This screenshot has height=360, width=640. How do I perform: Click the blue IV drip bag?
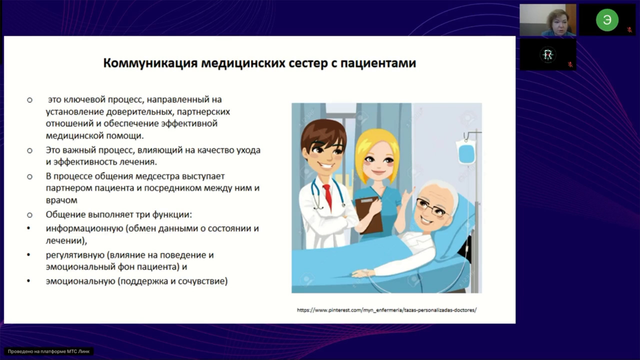(x=465, y=152)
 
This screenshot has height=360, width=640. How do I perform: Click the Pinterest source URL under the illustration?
(x=386, y=310)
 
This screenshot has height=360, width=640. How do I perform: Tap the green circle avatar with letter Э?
(x=606, y=20)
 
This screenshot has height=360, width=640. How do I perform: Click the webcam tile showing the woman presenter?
(x=547, y=20)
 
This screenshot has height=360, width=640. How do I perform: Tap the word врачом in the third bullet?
(x=61, y=200)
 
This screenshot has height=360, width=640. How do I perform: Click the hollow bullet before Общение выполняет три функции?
(x=29, y=215)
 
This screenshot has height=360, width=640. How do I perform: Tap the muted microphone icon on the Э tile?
(x=629, y=29)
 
